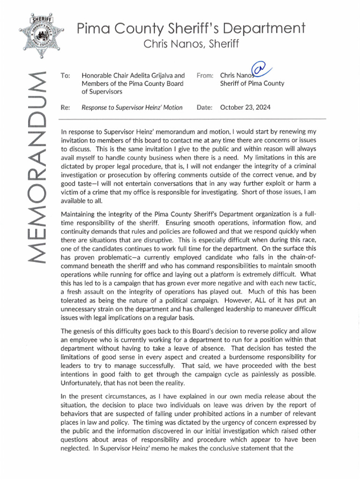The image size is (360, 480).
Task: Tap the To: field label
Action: tap(66, 75)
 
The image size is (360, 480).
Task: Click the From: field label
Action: tap(205, 75)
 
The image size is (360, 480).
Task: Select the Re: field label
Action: tap(66, 108)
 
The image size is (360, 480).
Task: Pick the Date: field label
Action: tap(205, 108)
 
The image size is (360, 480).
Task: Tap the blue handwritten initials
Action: tap(259, 70)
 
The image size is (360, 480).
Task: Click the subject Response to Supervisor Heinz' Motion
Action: tap(132, 108)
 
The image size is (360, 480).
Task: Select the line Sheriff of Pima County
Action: tap(252, 84)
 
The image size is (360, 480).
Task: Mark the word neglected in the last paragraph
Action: tap(75, 448)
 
